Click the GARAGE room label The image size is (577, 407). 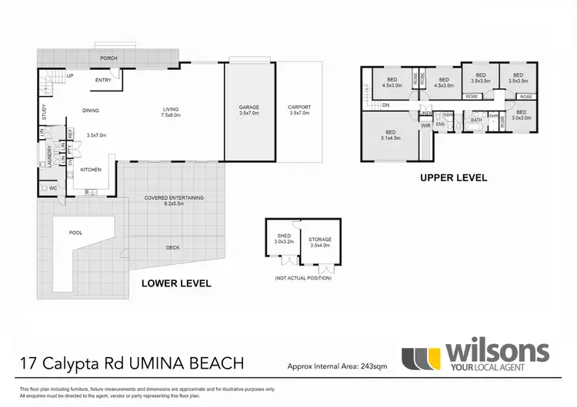coord(249,108)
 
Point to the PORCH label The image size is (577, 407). coord(108,58)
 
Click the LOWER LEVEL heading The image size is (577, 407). coord(176,283)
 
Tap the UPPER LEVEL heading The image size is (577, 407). coord(453,177)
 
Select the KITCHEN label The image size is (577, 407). coord(91,169)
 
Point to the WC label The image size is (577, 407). coord(53,187)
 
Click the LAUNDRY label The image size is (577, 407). coord(48,157)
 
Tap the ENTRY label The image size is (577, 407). coord(103,79)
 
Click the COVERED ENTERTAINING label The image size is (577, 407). coord(174,197)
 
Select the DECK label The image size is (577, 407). coord(172,247)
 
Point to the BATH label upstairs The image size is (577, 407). coord(476,119)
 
